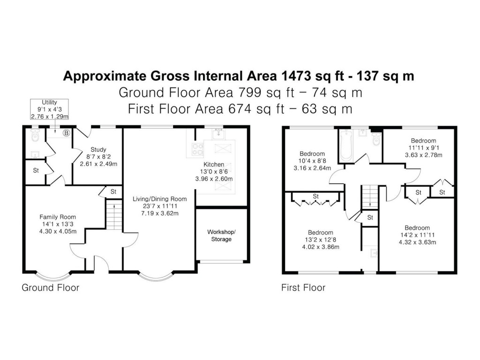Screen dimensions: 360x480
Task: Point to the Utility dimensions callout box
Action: click(49, 109)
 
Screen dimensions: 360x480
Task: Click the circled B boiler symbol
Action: click(66, 133)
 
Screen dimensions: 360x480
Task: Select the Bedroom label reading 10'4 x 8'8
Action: click(312, 161)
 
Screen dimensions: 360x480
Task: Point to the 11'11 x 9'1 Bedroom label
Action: click(423, 148)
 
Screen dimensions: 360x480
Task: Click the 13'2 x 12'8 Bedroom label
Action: click(320, 240)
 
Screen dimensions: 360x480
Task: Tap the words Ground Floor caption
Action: click(51, 287)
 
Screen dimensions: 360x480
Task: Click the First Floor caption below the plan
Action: click(303, 287)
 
